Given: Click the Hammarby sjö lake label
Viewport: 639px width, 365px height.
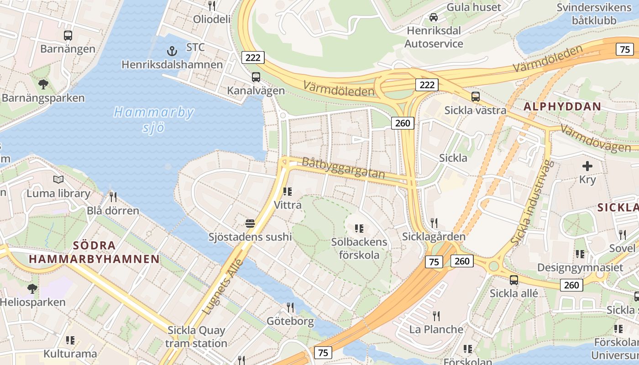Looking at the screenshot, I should click(x=154, y=120).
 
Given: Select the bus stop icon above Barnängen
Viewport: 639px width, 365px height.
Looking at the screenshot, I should click(x=68, y=35).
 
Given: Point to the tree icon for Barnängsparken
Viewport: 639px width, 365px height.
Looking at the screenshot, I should click(x=43, y=84).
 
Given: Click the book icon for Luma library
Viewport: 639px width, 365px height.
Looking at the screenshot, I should click(x=58, y=180).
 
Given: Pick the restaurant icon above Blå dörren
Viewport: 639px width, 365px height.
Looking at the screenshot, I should click(x=113, y=197).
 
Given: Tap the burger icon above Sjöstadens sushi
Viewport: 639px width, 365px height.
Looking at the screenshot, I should click(x=250, y=223).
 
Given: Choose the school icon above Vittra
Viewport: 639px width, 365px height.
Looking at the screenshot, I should click(x=287, y=191).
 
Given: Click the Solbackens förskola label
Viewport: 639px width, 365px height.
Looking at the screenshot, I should click(x=359, y=248).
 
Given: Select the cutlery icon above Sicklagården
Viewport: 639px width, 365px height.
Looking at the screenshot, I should click(x=434, y=223).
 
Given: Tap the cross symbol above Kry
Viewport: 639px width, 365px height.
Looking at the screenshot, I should click(x=587, y=166).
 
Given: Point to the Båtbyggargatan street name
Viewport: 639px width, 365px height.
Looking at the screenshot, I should click(x=343, y=168).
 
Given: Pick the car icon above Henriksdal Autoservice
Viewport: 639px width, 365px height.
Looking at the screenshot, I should click(x=434, y=17).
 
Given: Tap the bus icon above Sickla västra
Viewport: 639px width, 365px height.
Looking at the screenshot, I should click(x=475, y=96).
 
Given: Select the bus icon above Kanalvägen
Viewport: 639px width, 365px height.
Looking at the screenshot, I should click(x=256, y=77).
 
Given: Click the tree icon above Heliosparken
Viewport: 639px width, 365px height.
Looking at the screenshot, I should click(x=32, y=288).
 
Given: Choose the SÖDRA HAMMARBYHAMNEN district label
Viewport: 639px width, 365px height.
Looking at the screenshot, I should click(x=94, y=252).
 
